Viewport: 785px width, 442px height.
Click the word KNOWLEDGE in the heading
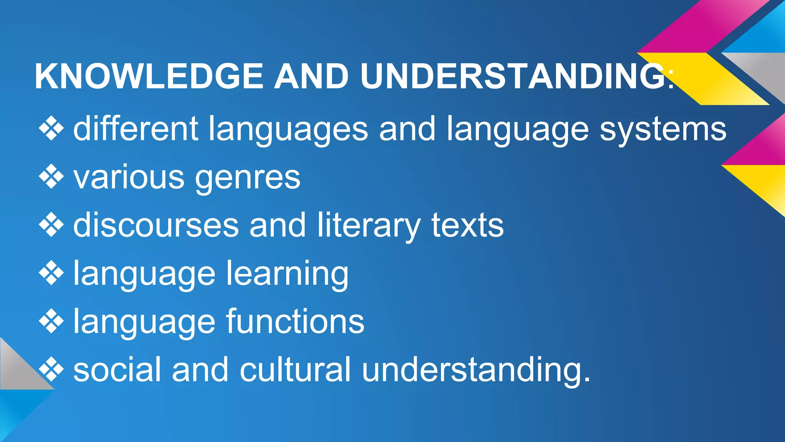tap(149, 76)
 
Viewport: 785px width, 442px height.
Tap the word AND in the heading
tap(311, 76)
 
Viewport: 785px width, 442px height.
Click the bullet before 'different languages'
tap(51, 129)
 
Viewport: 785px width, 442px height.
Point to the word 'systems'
tap(663, 130)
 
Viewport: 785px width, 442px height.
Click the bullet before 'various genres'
tap(51, 177)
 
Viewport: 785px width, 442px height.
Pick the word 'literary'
tap(369, 226)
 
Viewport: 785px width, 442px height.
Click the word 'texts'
tap(467, 225)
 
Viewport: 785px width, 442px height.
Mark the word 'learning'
tap(287, 274)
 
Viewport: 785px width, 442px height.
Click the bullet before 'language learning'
tap(51, 273)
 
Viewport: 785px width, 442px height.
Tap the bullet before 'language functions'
tap(51, 322)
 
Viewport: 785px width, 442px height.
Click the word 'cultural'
tap(295, 369)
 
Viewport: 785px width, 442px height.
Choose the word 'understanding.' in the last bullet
tap(476, 370)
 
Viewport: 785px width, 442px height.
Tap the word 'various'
tap(129, 178)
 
